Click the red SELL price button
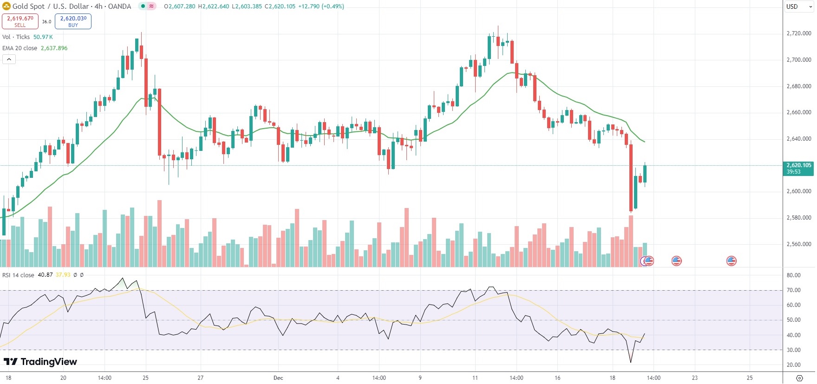click(20, 21)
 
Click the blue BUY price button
click(73, 21)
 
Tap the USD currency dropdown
click(798, 7)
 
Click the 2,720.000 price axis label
click(798, 33)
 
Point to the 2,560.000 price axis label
click(798, 244)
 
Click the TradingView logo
click(40, 362)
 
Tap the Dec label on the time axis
click(278, 378)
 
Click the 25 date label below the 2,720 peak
click(145, 378)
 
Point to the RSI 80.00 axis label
click(793, 275)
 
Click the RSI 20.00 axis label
click(793, 365)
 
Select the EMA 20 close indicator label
click(20, 48)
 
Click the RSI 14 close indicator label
click(18, 275)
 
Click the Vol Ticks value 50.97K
click(43, 37)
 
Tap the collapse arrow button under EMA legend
click(9, 59)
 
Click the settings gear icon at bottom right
click(799, 378)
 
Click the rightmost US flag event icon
click(731, 261)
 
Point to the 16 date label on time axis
click(557, 378)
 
